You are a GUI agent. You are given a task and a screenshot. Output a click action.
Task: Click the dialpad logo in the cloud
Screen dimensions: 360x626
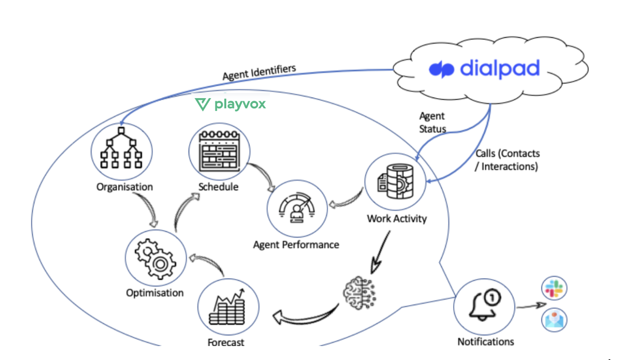(x=484, y=70)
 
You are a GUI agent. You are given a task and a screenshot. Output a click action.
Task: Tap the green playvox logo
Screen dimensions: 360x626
(x=230, y=104)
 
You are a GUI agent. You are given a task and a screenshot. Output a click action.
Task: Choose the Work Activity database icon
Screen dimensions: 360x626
(x=395, y=182)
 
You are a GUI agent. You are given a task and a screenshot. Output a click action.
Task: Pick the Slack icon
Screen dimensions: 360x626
(x=554, y=289)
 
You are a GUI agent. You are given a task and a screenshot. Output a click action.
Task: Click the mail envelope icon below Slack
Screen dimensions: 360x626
(x=554, y=320)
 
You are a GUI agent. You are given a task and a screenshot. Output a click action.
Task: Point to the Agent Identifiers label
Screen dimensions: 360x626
(x=259, y=73)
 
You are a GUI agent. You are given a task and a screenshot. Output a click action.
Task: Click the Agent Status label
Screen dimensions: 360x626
(x=433, y=122)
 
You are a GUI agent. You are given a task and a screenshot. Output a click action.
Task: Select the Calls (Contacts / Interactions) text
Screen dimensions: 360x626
(x=506, y=160)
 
